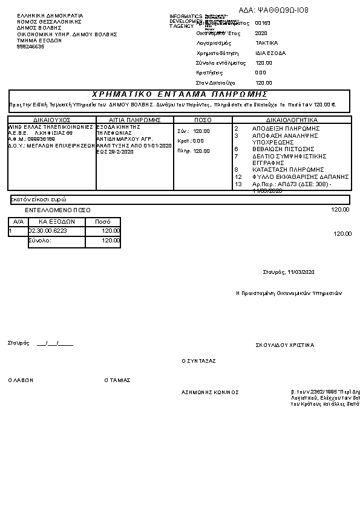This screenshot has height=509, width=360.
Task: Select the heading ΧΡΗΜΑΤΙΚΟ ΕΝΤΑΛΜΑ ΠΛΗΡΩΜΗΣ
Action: point(180,94)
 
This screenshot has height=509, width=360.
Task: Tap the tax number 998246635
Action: point(30,47)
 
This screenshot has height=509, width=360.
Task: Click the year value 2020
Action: point(261,33)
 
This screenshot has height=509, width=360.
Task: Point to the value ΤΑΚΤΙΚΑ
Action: point(267,44)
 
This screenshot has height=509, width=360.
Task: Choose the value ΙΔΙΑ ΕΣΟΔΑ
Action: point(270,53)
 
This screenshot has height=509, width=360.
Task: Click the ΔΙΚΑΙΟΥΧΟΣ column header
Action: point(52,120)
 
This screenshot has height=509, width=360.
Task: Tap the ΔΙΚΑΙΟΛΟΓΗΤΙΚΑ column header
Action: point(292,120)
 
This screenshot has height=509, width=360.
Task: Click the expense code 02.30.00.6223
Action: point(48,231)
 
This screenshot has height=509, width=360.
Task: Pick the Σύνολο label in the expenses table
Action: point(41,240)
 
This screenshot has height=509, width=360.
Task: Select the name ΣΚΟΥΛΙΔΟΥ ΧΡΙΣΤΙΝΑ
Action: point(285,345)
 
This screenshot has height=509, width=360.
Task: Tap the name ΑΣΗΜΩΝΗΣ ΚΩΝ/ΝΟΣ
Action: point(210,392)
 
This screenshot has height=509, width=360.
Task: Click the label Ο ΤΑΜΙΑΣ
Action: point(117,380)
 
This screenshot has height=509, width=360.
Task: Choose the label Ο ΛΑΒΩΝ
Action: point(21,380)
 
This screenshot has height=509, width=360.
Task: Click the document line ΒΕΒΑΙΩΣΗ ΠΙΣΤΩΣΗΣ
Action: point(283,149)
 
